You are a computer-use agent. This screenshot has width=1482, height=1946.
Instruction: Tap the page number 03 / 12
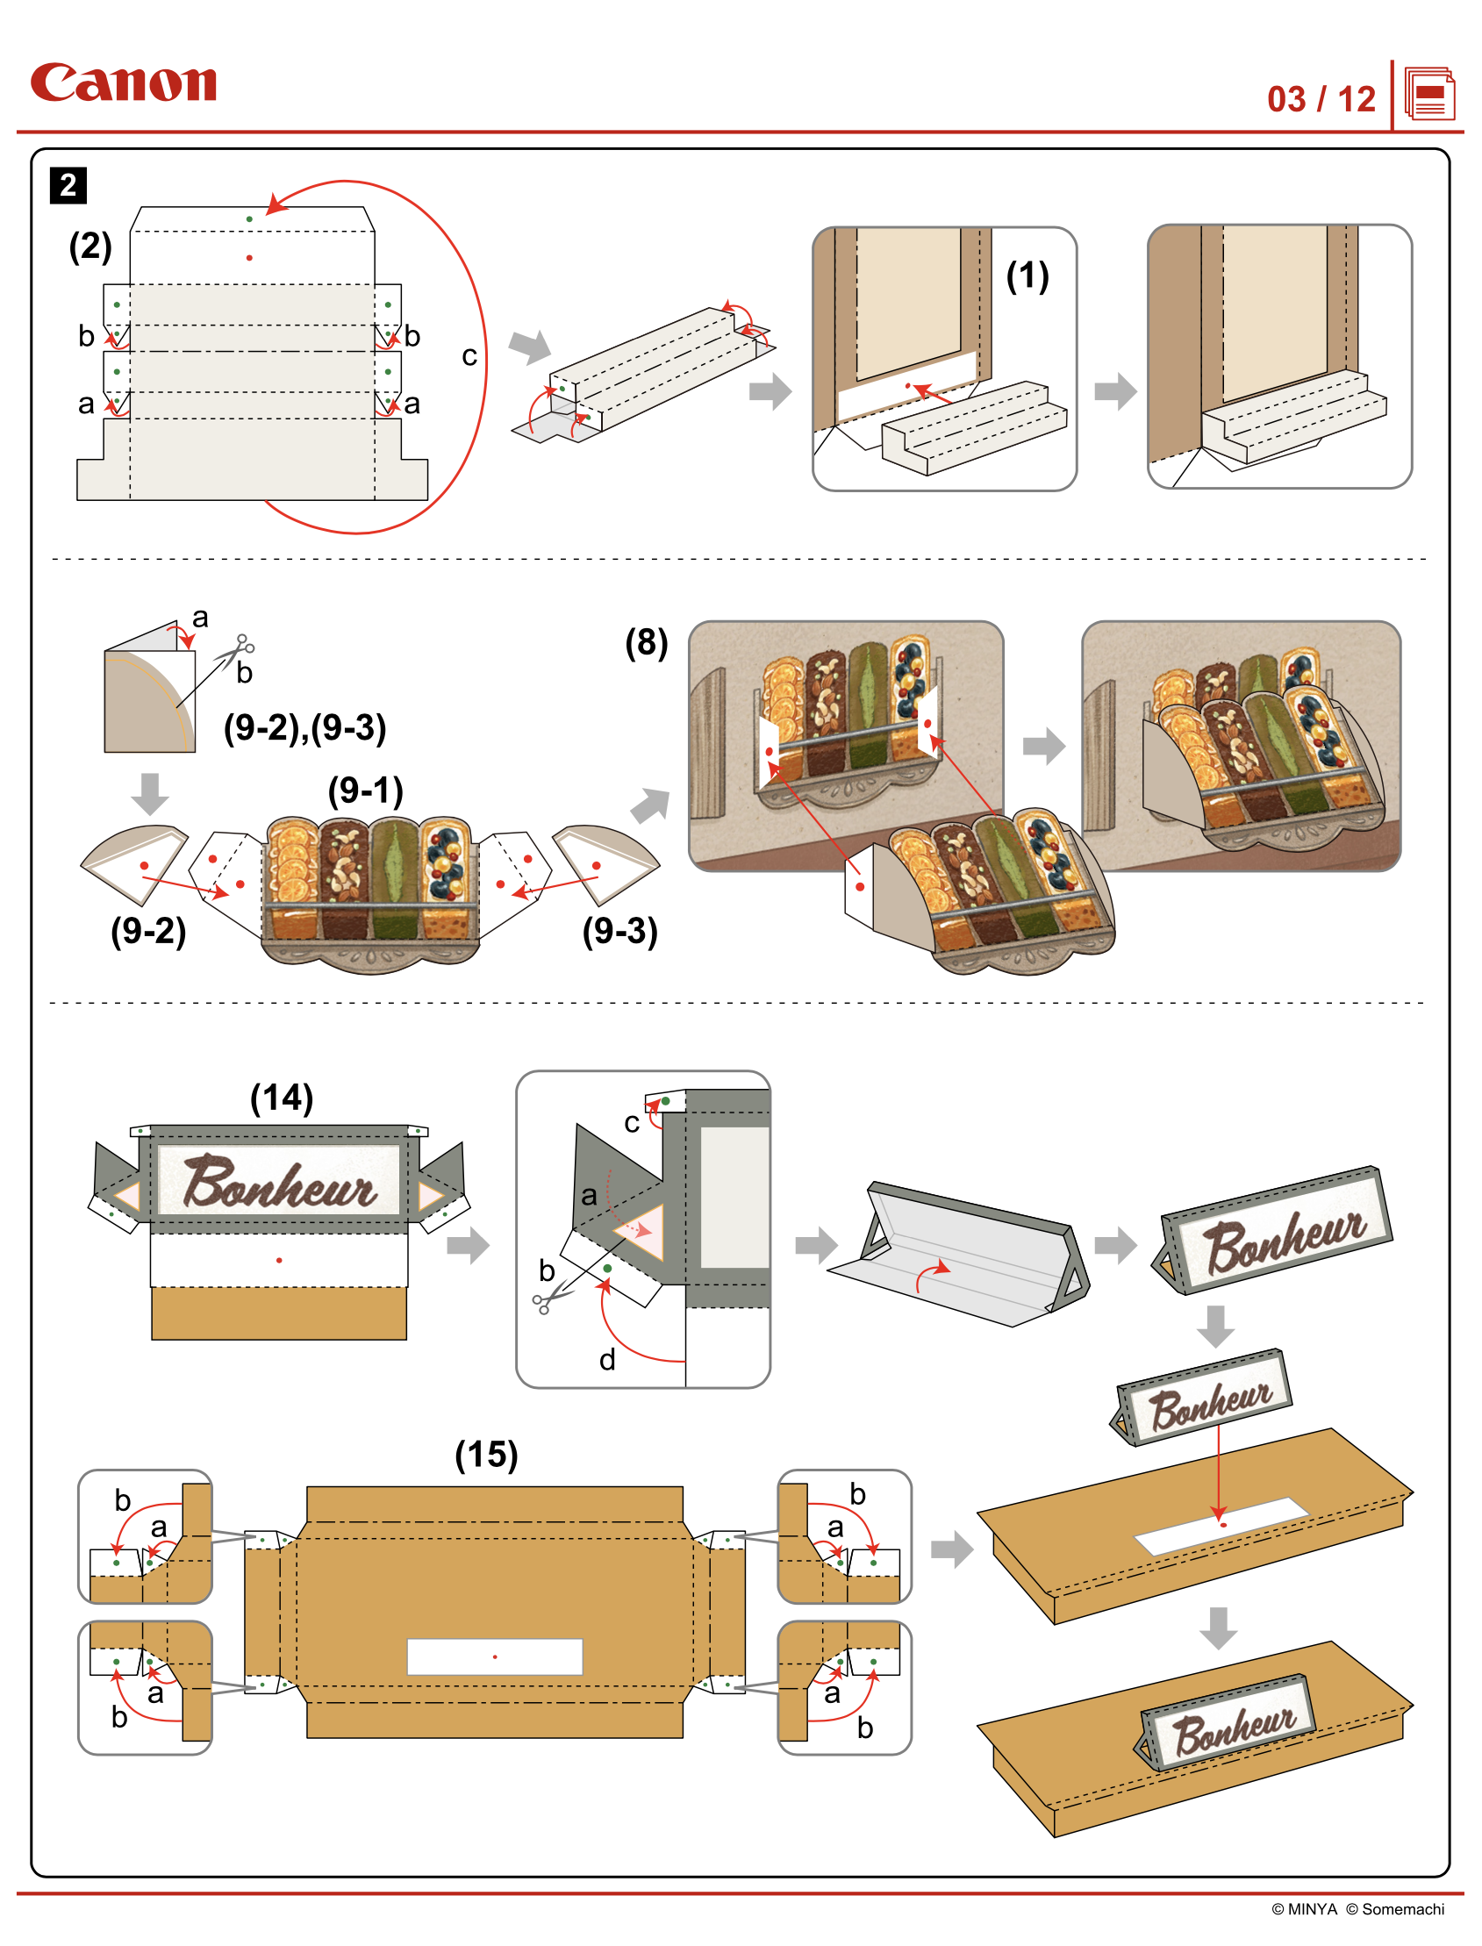pyautogui.click(x=1321, y=99)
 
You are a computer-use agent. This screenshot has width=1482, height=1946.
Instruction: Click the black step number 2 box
pyautogui.click(x=68, y=185)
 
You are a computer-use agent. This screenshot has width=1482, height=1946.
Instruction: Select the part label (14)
pyautogui.click(x=282, y=1098)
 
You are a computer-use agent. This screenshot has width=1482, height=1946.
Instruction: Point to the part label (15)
pyautogui.click(x=486, y=1455)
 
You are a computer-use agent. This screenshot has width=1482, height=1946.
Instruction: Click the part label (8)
pyautogui.click(x=647, y=642)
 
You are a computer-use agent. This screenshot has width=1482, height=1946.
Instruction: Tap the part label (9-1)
pyautogui.click(x=365, y=791)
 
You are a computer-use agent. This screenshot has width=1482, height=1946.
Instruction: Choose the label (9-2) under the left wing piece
pyautogui.click(x=148, y=931)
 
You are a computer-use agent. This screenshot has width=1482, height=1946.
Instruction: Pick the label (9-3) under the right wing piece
pyautogui.click(x=620, y=931)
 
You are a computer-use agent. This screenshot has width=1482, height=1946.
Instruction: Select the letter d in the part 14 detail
pyautogui.click(x=607, y=1360)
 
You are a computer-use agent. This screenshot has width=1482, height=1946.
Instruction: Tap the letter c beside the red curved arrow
pyautogui.click(x=469, y=355)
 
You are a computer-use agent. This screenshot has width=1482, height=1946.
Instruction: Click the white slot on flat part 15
pyautogui.click(x=494, y=1656)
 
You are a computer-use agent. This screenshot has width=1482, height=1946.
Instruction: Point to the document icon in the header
pyautogui.click(x=1429, y=95)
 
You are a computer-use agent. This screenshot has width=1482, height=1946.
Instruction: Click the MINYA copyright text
pyautogui.click(x=1305, y=1909)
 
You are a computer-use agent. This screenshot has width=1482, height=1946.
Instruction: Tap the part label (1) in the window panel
pyautogui.click(x=1027, y=276)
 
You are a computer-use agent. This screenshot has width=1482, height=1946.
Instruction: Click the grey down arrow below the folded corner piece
pyautogui.click(x=150, y=794)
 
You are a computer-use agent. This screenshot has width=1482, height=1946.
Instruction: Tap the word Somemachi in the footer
pyautogui.click(x=1403, y=1909)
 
